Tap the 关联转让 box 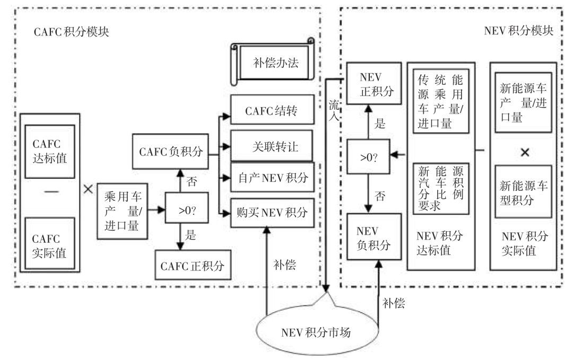(x=270, y=146)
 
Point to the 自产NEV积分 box (x=270, y=179)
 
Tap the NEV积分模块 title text (x=518, y=31)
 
